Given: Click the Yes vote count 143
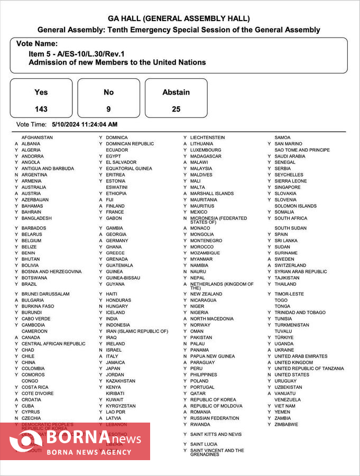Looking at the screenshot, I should point(41,109).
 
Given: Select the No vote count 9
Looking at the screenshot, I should point(108,109).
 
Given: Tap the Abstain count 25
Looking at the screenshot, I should point(176,109).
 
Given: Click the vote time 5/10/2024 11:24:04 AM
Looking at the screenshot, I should point(85,124).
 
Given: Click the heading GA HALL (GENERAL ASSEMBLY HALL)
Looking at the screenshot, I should point(179,19).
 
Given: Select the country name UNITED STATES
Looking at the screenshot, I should point(292,375).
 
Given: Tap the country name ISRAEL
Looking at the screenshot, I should point(114,350).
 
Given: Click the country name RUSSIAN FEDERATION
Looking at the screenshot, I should point(215,418).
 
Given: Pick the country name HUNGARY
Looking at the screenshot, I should point(117,306).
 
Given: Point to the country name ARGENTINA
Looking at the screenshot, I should point(34,175).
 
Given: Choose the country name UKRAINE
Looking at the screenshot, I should point(284,350).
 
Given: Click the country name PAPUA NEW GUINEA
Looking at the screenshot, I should point(213,356).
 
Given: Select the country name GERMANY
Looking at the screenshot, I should point(117,241).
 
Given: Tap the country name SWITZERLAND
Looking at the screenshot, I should point(290,266).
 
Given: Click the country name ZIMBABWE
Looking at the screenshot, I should point(286,425).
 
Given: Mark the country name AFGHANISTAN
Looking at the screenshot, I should point(37,138).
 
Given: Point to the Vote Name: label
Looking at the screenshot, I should point(37,44).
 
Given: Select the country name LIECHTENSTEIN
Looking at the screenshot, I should point(208,138).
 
